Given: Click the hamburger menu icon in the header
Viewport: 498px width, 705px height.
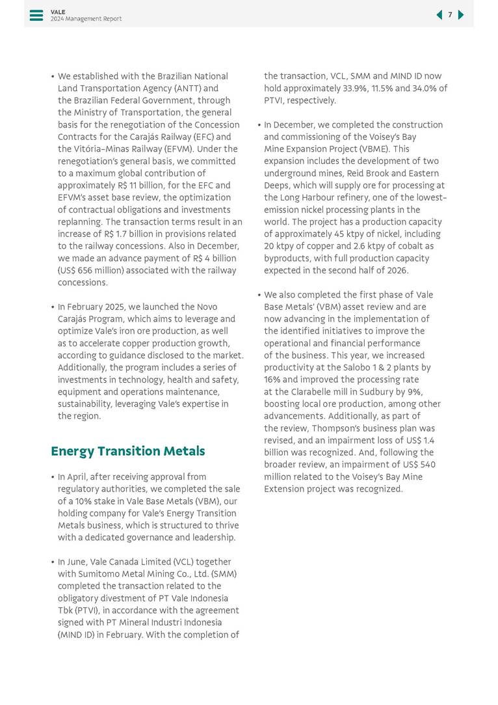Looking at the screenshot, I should [x=36, y=15].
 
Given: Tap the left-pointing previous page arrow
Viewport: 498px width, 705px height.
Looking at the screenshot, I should [x=439, y=15].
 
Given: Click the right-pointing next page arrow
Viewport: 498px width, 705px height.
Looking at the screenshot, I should [x=461, y=15].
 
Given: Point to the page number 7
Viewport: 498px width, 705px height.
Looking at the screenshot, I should [x=450, y=15].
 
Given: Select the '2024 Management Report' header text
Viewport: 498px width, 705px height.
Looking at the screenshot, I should [x=86, y=19].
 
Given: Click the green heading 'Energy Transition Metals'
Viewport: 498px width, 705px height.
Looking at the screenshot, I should [x=127, y=451].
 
